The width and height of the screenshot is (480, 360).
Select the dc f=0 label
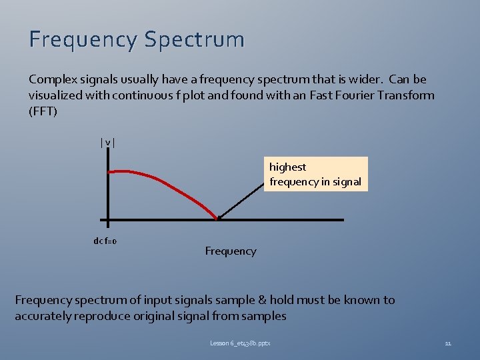click(x=105, y=241)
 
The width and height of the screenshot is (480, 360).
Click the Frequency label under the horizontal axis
click(x=230, y=251)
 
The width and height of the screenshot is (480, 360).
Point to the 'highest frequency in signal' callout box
click(x=315, y=174)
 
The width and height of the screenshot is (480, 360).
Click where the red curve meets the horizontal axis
click(x=217, y=218)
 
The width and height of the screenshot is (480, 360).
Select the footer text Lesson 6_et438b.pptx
click(x=240, y=343)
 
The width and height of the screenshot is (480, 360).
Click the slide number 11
click(x=448, y=343)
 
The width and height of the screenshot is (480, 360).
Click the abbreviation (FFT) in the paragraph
click(x=43, y=111)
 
